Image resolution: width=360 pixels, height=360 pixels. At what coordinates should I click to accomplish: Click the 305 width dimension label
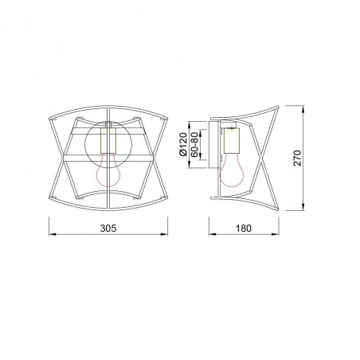click(109, 228)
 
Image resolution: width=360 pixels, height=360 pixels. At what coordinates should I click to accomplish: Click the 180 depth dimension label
click(245, 228)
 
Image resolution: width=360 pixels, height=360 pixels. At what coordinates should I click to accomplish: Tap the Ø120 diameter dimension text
click(183, 144)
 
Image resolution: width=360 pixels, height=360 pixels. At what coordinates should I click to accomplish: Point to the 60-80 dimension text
click(195, 144)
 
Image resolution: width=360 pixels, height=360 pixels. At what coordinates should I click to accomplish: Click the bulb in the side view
click(233, 170)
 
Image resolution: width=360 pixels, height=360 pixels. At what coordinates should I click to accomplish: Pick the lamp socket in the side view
click(233, 142)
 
